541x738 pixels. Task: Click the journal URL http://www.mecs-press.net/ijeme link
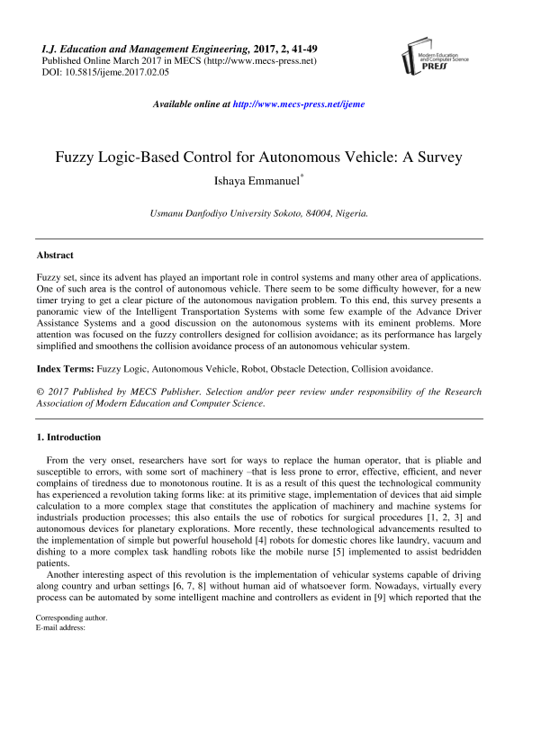[x=299, y=104]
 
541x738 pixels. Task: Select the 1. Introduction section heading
[x=68, y=437]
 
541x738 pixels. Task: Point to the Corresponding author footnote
[x=71, y=669]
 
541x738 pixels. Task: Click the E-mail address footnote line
[x=60, y=679]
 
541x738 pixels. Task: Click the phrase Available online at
[x=192, y=104]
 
